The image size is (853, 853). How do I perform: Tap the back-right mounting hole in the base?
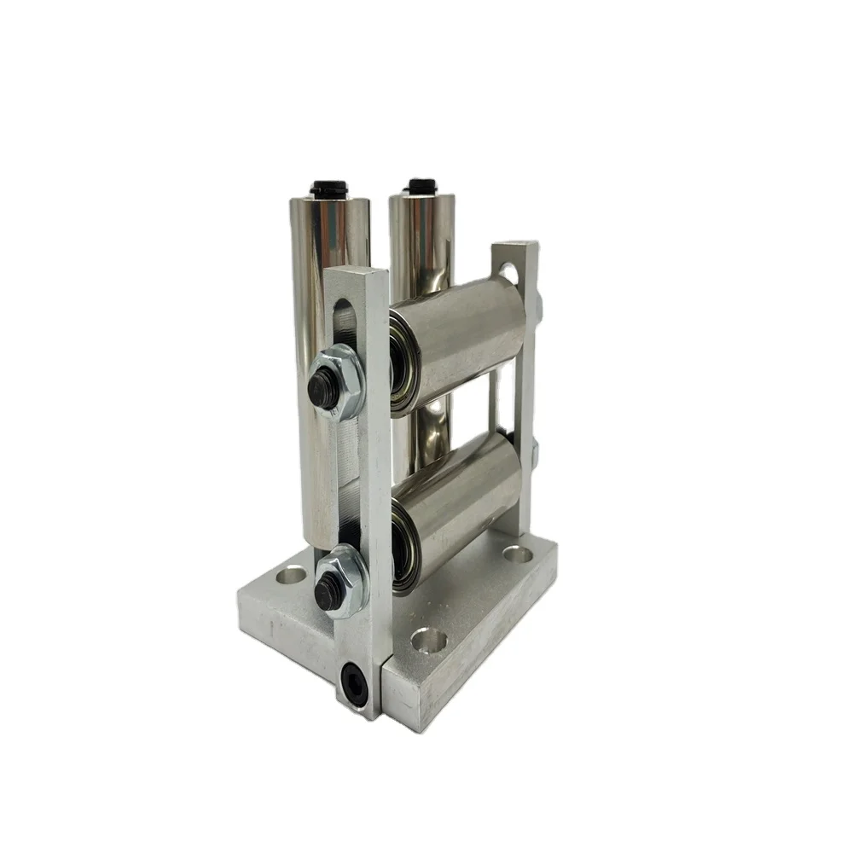click(518, 554)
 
